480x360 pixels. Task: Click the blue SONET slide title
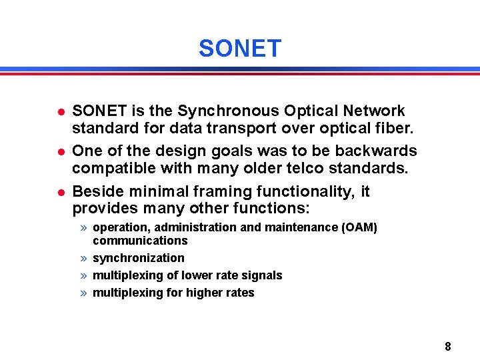240,49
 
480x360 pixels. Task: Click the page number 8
448,347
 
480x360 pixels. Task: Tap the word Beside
95,191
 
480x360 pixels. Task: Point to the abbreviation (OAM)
359,227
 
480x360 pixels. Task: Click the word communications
140,241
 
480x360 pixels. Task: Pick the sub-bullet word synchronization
139,258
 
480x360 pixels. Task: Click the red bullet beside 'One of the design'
60,151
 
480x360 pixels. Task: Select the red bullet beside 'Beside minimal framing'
60,192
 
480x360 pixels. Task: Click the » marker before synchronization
83,258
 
